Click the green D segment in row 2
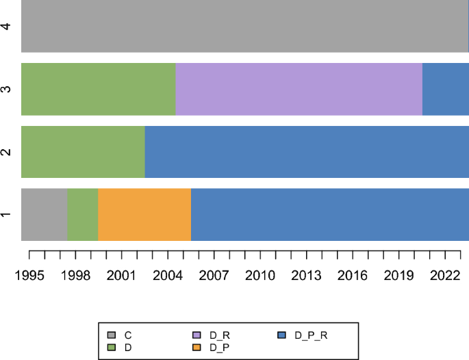coord(83,152)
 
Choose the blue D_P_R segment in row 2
coord(307,152)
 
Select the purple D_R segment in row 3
coord(299,89)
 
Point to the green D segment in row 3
coord(99,89)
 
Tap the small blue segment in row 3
coord(445,89)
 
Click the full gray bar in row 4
coord(244,26)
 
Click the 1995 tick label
coord(29,275)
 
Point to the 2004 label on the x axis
coord(168,275)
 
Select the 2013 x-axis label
coord(306,275)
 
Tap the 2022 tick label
coord(445,275)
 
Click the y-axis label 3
coord(6,89)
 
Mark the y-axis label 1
coord(6,215)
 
